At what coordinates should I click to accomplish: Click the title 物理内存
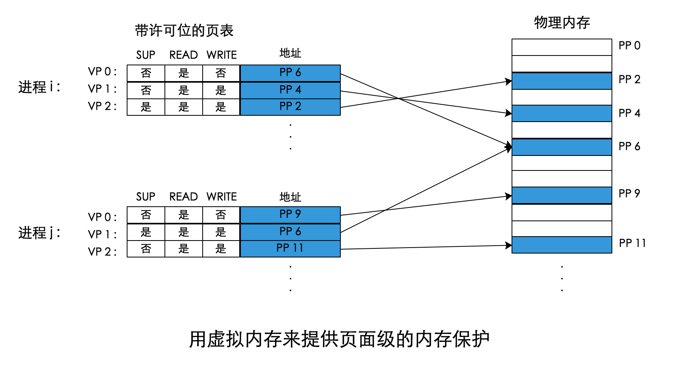click(x=562, y=23)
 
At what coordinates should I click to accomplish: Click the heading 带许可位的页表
click(x=184, y=31)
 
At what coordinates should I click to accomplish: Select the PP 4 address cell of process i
click(x=290, y=90)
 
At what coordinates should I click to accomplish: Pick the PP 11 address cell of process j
click(x=290, y=248)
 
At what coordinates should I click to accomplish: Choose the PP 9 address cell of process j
click(x=290, y=215)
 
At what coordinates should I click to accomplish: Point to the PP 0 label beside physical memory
click(x=629, y=46)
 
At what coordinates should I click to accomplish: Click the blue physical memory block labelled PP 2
click(x=562, y=81)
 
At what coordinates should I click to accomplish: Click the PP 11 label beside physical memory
click(x=632, y=243)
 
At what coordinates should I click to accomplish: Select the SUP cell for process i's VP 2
click(x=146, y=107)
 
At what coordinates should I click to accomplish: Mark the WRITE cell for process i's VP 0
click(x=221, y=73)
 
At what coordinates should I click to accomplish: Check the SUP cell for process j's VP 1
click(x=146, y=232)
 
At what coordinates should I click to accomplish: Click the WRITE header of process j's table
click(x=222, y=197)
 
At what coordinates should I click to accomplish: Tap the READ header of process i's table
click(x=183, y=55)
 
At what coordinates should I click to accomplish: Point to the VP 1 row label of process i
click(x=102, y=89)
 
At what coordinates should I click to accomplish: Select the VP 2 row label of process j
click(x=102, y=252)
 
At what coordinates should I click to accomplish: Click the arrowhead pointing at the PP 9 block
click(x=508, y=196)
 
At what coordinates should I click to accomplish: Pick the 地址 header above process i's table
click(x=290, y=53)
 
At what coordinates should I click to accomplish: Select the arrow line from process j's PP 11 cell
click(x=425, y=247)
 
